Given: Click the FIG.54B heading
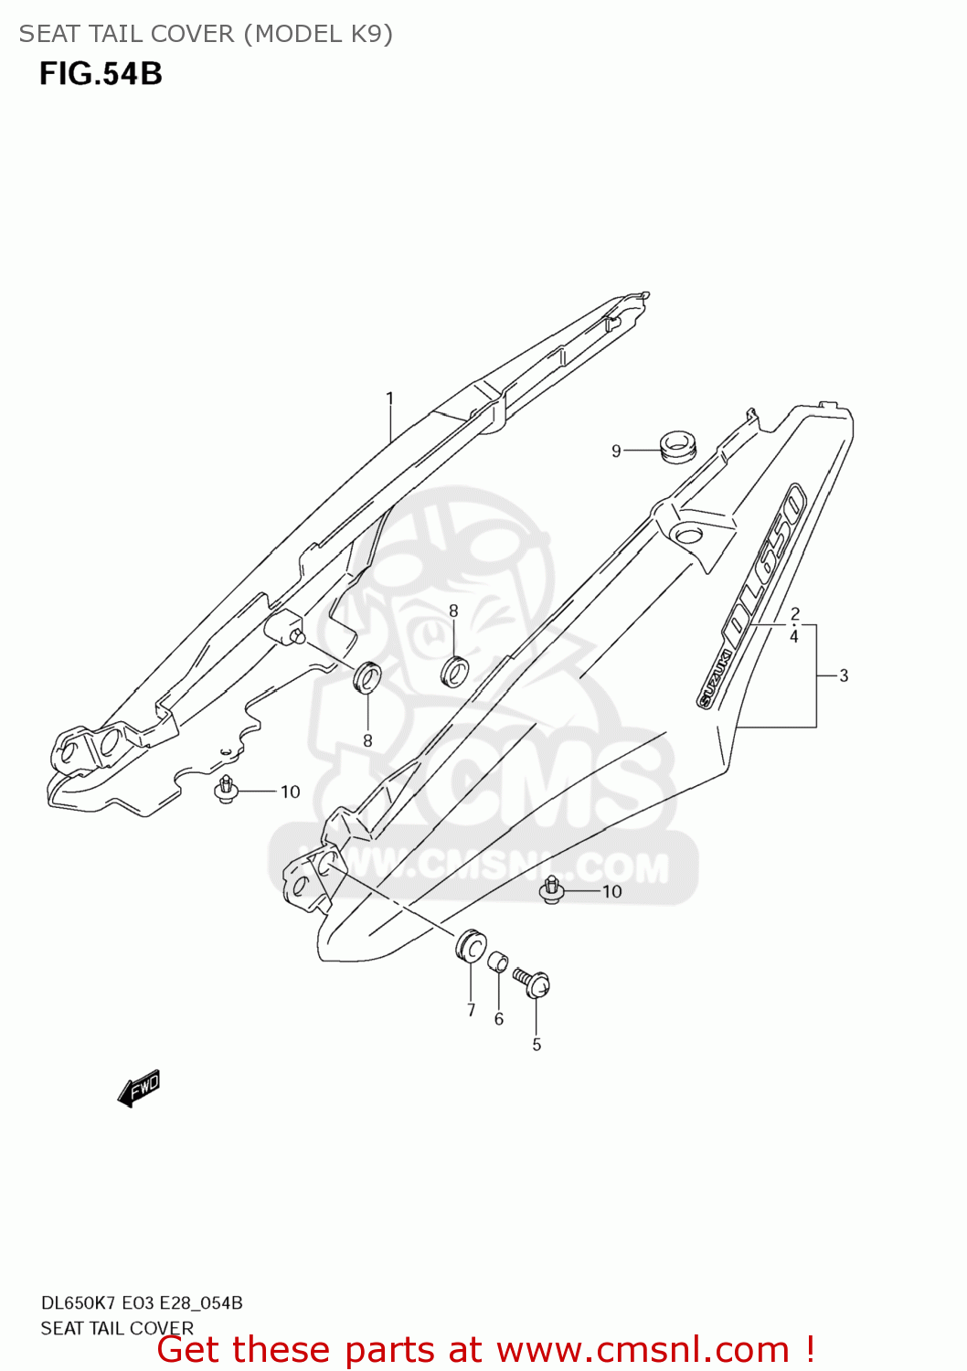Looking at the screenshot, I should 101,74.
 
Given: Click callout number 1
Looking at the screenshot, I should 390,399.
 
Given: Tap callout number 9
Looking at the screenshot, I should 616,451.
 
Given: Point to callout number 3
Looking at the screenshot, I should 844,675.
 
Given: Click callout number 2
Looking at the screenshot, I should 794,614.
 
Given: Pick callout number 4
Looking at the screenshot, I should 794,636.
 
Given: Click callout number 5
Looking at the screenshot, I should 537,1044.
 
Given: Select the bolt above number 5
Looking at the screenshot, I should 532,982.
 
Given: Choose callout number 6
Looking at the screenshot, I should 498,1019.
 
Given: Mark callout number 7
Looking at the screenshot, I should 471,1010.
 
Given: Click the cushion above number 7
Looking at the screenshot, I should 470,945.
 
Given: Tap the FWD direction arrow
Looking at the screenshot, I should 139,1089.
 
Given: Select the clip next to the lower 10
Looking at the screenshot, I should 551,889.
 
